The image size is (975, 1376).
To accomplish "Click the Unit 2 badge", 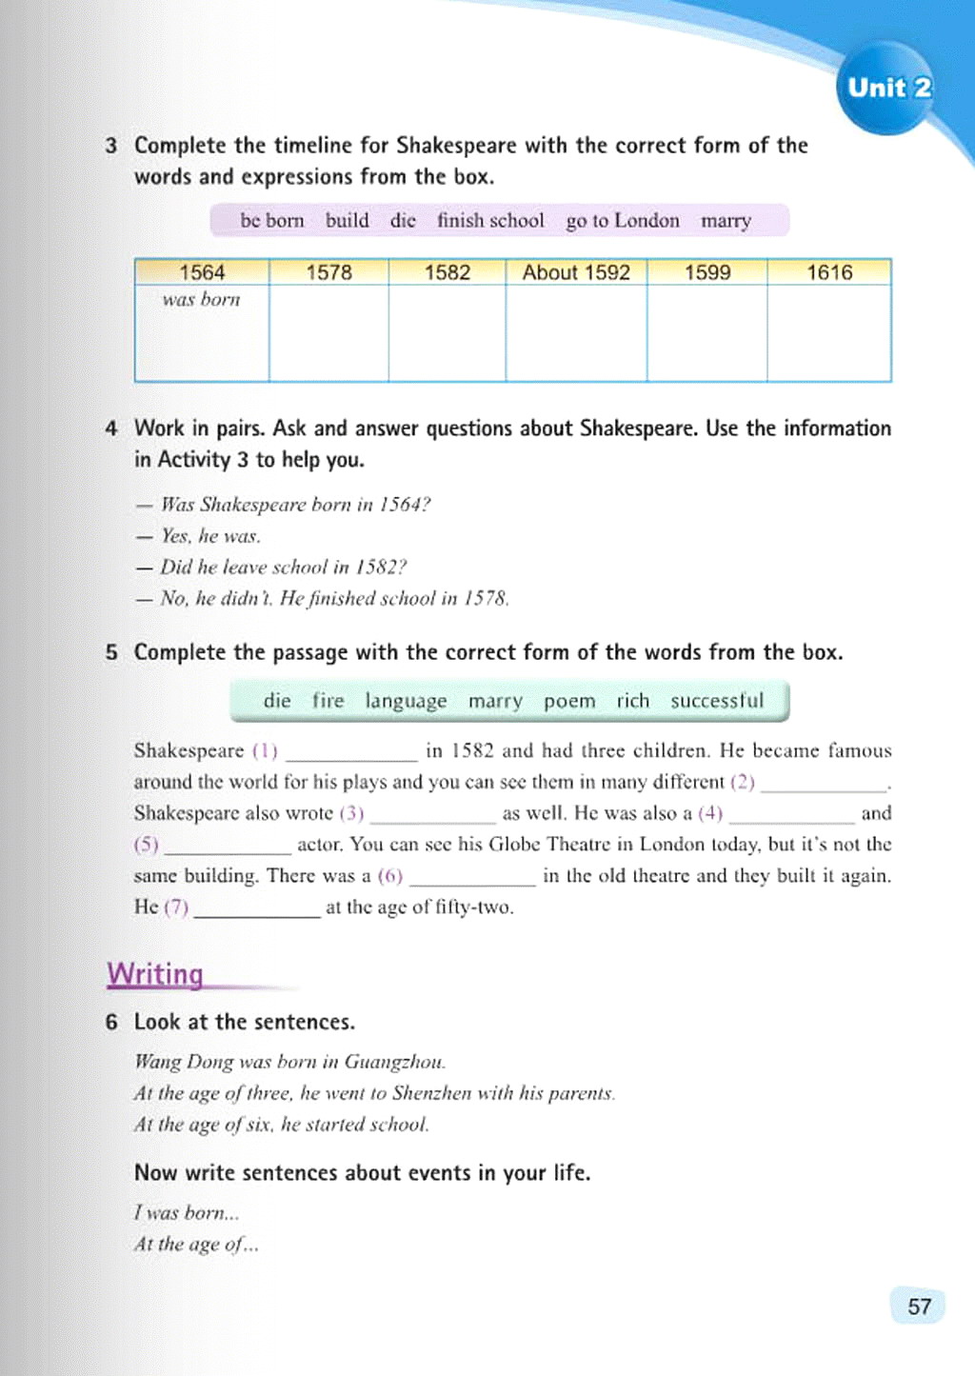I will point(888,89).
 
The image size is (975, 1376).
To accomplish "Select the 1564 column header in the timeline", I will point(202,272).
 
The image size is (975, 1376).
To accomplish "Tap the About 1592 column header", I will point(576,272).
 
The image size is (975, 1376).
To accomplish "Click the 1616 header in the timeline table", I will point(829,272).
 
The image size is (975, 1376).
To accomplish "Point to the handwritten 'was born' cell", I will point(201,300).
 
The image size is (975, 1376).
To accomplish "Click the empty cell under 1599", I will point(707,333).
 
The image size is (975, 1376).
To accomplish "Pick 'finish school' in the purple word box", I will point(490,221).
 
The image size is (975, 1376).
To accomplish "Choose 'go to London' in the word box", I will point(623,221).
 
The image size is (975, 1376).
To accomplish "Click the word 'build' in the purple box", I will point(347,221).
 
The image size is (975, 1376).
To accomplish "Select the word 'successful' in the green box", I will point(717,701).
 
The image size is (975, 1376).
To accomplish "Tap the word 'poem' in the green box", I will point(569,702).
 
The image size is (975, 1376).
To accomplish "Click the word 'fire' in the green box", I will point(328,701).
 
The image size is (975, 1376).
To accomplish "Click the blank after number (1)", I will point(351,753).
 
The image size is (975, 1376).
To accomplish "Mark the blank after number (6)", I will point(472,878).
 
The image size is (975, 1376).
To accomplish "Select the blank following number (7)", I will point(257,909).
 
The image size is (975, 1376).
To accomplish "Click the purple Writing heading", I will point(155,974).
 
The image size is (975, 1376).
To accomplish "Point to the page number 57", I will point(919,1306).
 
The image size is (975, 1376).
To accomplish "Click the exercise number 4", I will point(111,429).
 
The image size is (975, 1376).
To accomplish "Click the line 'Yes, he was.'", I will point(210,536).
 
